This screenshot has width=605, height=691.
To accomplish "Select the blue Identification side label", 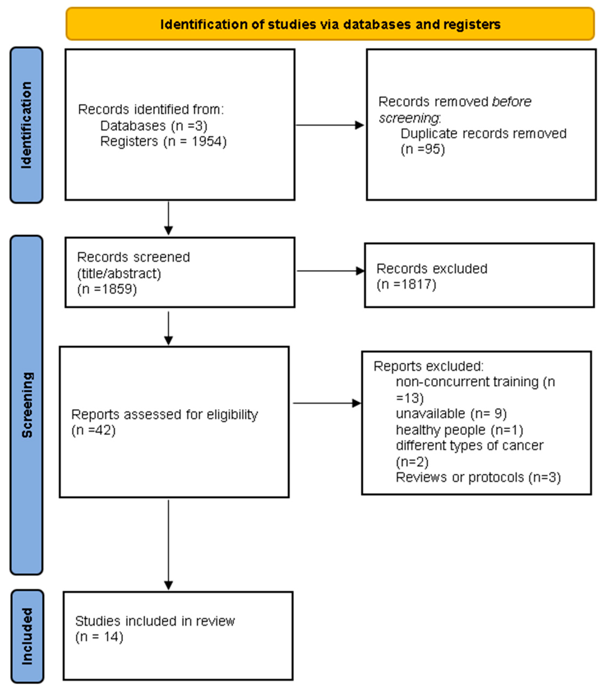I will [x=26, y=125].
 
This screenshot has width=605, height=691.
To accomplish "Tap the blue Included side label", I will [x=27, y=636].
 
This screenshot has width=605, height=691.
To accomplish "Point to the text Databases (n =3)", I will [x=154, y=126].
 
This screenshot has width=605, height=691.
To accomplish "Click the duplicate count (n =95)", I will [x=423, y=149].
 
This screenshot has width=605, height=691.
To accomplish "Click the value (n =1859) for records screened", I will [x=107, y=289].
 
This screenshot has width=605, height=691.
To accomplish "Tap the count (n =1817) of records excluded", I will [x=406, y=284].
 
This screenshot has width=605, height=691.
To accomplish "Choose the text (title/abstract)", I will [x=119, y=273].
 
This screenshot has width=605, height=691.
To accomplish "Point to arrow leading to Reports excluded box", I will [x=326, y=403].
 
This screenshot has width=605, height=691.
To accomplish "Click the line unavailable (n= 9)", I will [x=451, y=414].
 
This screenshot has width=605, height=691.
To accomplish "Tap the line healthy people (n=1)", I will [x=459, y=430].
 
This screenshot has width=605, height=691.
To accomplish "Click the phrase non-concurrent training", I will [x=467, y=382].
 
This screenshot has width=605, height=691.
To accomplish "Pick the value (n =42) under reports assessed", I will [x=93, y=430].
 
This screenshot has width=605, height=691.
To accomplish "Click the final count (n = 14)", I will [x=99, y=637].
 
